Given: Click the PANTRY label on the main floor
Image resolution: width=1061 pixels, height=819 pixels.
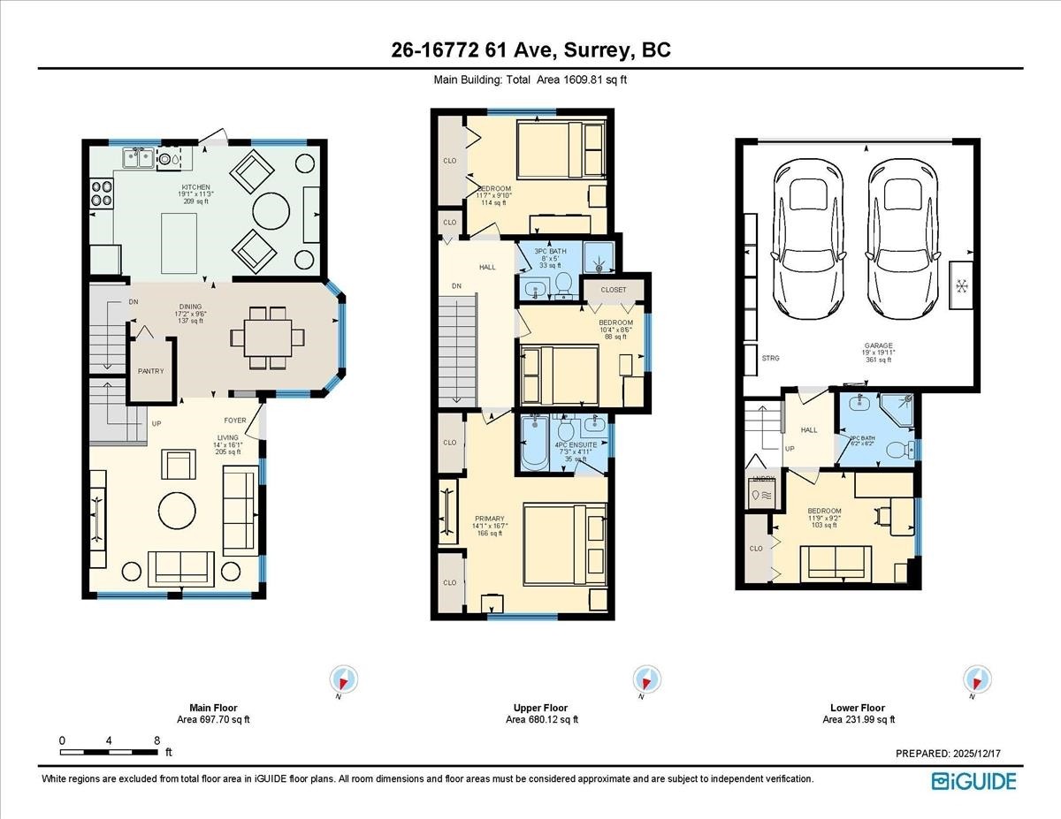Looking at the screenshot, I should coord(149,371).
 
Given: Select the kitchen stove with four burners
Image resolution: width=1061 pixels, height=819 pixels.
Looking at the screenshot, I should coord(101,193).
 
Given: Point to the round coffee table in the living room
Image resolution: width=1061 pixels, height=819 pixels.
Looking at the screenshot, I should coord(178,510).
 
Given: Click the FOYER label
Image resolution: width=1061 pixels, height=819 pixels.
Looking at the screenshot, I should coord(235,421).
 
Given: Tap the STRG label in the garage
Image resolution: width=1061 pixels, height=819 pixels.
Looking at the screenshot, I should coord(771,359).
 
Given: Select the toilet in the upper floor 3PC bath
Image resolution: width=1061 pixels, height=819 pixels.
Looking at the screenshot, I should coord(562,283).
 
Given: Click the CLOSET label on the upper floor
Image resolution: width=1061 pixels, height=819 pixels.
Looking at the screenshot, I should coord(613,290).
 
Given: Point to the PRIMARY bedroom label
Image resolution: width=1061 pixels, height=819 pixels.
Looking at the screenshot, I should coord(489,519).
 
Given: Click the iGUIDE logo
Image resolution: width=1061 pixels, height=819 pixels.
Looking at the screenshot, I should coord(973,781).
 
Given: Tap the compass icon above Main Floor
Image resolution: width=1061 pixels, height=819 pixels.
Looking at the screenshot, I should coord(343,680).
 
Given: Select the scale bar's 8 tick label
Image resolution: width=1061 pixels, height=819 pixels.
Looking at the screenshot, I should coord(156,740).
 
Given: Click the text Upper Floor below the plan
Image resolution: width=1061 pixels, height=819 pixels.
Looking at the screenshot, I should coord(540,708).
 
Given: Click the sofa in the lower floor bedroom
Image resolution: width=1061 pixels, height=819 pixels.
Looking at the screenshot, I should coord(836,561).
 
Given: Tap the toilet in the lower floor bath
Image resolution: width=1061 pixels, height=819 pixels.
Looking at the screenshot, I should coord(896,449).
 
